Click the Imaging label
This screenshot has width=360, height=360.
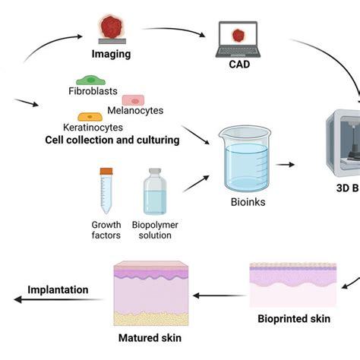pos(111,54)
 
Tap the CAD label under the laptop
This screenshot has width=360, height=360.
pos(238,65)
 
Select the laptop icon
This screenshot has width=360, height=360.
pos(238,39)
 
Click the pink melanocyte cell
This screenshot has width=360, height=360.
pos(134,100)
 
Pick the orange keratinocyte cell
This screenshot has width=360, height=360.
pos(92,117)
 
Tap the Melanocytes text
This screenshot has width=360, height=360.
pos(135,111)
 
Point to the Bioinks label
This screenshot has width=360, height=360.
pos(248,202)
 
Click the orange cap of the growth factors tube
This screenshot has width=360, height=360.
pos(106,172)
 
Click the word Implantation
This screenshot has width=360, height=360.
pos(58,289)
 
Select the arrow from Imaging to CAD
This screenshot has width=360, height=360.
pos(174,31)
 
